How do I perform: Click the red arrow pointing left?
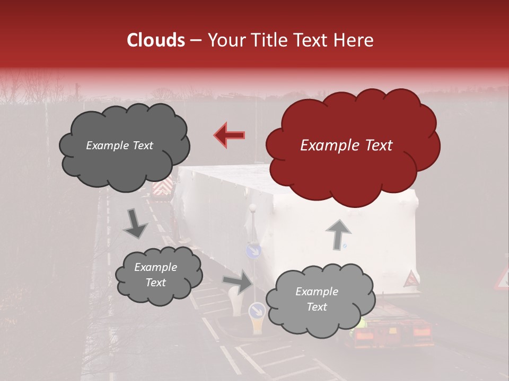[229, 135]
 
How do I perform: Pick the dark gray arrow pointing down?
[136, 223]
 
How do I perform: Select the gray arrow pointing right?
[238, 282]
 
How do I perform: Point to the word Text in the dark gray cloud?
[142, 146]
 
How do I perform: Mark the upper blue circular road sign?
[254, 250]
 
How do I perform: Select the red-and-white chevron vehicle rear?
[162, 187]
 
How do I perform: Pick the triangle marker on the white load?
[410, 278]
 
